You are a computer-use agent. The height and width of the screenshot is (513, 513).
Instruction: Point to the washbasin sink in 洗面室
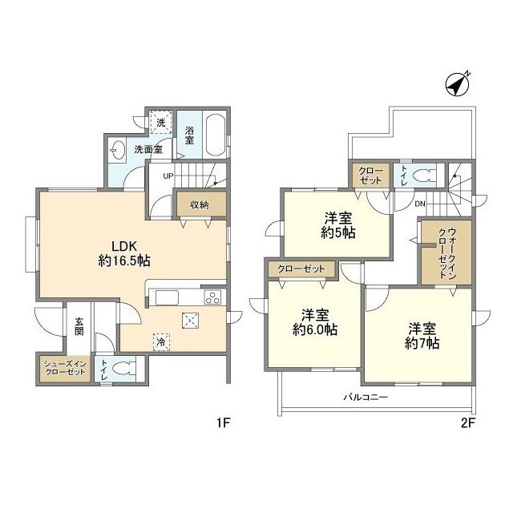[x=119, y=149]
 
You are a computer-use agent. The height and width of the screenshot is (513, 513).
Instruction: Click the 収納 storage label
[x=199, y=205]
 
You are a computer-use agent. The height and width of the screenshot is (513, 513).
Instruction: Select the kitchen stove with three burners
[x=212, y=298]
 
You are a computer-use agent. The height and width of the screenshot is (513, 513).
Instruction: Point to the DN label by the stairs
[x=420, y=203]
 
